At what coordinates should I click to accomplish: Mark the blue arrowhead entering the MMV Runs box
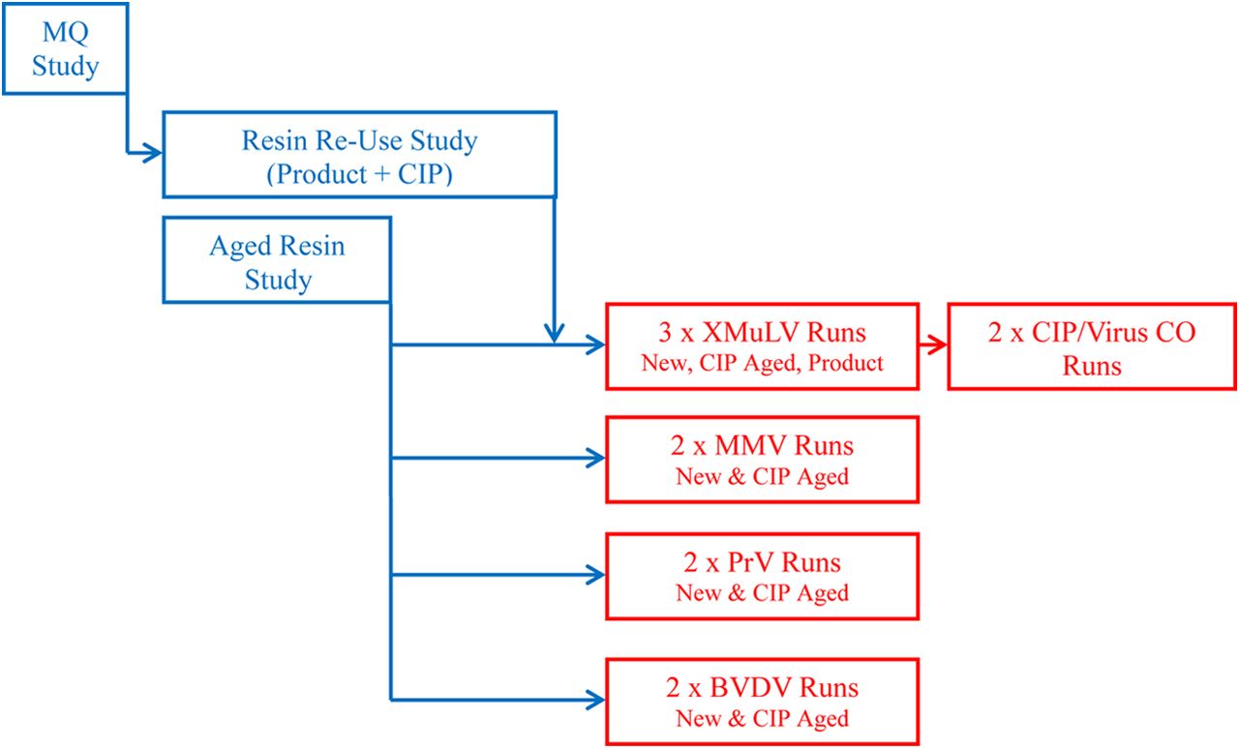[x=595, y=459]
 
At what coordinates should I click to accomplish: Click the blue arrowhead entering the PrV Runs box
[x=595, y=575]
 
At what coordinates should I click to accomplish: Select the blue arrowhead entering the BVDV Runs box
[x=595, y=700]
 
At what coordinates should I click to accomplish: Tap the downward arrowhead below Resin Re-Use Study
[x=555, y=334]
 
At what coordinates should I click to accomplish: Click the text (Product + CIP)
[x=359, y=174]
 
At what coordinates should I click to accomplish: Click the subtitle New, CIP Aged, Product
[x=762, y=363]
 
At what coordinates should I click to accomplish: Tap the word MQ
[x=65, y=33]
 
